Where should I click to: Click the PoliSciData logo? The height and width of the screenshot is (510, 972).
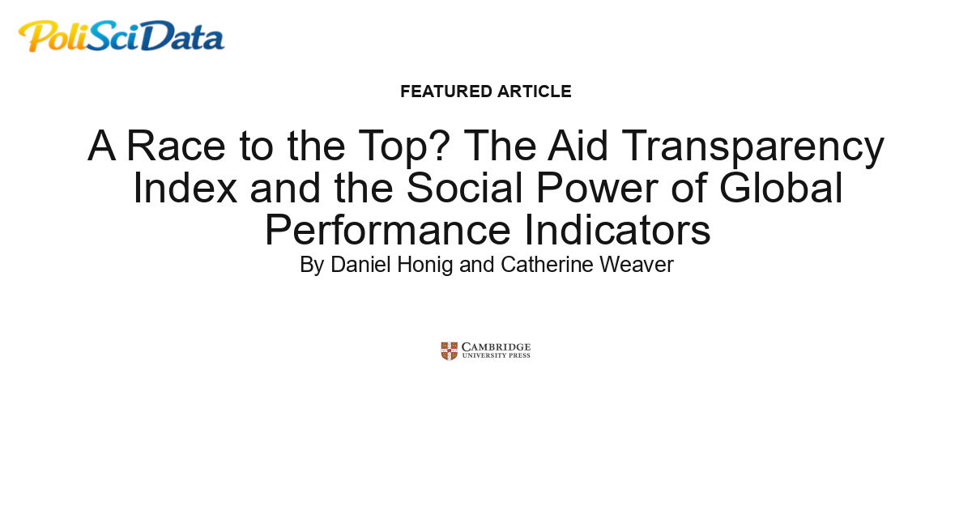point(122,36)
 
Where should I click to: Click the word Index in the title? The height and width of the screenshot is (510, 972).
point(185,188)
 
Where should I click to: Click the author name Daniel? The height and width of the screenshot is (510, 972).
point(360,265)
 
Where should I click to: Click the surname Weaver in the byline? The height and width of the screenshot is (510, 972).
point(636,265)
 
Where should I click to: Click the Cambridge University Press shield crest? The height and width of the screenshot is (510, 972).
point(450,351)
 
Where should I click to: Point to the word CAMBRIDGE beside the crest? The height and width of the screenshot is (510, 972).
point(496,346)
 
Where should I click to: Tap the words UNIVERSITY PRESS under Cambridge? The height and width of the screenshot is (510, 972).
point(496,355)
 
